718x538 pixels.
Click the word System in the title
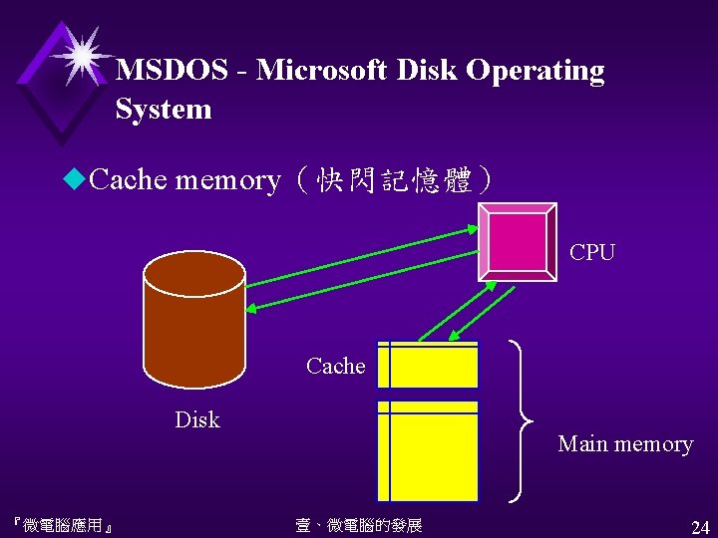(x=164, y=109)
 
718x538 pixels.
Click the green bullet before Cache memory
(x=74, y=179)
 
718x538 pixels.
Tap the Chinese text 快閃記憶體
(x=393, y=180)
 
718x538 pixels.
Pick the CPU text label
(x=592, y=253)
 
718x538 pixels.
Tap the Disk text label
(x=197, y=420)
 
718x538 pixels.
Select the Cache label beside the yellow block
(x=336, y=367)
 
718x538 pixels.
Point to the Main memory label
(x=625, y=444)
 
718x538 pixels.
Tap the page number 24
(x=699, y=526)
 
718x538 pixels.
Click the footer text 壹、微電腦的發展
(x=359, y=525)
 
